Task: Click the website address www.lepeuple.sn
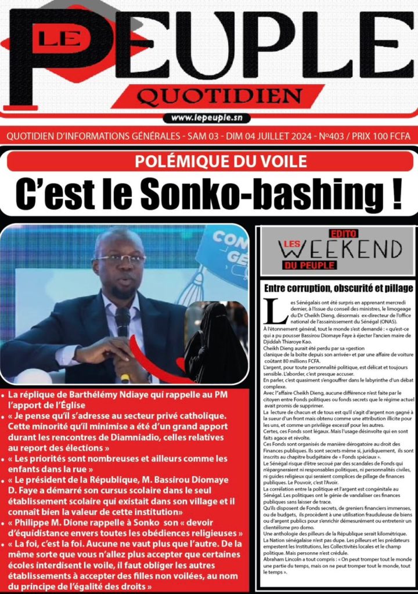pyautogui.click(x=207, y=118)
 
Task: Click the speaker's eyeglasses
pyautogui.click(x=120, y=259)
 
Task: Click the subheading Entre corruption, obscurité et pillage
pyautogui.click(x=338, y=288)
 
